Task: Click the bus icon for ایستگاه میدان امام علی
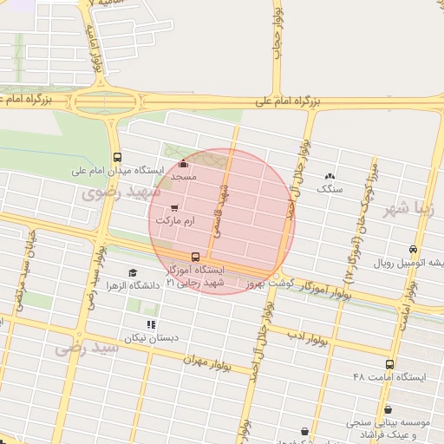click(x=117, y=158)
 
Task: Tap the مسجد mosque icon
click(x=182, y=164)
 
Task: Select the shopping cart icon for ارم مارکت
click(x=176, y=208)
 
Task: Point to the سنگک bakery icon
click(x=330, y=175)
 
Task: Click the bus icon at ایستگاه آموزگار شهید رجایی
click(x=194, y=257)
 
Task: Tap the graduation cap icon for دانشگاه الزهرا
click(x=133, y=272)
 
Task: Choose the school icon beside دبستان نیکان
click(x=152, y=324)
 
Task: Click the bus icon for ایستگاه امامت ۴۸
click(x=389, y=365)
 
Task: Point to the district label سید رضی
click(x=86, y=349)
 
